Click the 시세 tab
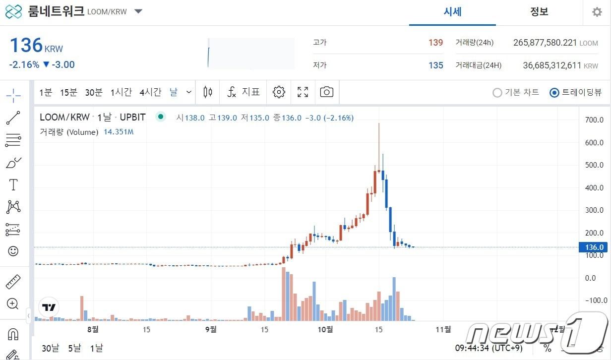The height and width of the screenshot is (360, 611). pyautogui.click(x=452, y=12)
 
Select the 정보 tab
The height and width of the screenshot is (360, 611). pyautogui.click(x=539, y=12)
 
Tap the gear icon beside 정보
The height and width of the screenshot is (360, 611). pyautogui.click(x=597, y=12)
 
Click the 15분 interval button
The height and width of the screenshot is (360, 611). pyautogui.click(x=68, y=92)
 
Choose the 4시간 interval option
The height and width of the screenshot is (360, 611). pyautogui.click(x=150, y=92)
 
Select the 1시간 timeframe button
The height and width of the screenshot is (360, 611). pyautogui.click(x=121, y=92)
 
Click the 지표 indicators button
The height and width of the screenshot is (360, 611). pyautogui.click(x=244, y=92)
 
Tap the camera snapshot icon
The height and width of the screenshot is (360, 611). pyautogui.click(x=326, y=92)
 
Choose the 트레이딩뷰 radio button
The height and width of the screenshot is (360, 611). pyautogui.click(x=554, y=93)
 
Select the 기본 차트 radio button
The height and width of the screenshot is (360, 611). pyautogui.click(x=497, y=93)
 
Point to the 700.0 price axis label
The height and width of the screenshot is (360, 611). pyautogui.click(x=594, y=120)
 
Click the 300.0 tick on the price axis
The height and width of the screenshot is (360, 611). pyautogui.click(x=594, y=210)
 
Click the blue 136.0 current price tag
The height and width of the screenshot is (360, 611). pyautogui.click(x=594, y=247)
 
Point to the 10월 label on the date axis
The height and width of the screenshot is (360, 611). pyautogui.click(x=325, y=330)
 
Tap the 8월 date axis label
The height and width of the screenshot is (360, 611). pyautogui.click(x=93, y=330)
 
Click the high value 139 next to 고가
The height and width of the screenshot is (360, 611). pyautogui.click(x=435, y=43)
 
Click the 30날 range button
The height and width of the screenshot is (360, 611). pyautogui.click(x=50, y=348)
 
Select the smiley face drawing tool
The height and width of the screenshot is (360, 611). pyautogui.click(x=13, y=251)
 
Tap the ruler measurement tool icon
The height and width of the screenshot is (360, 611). pyautogui.click(x=13, y=282)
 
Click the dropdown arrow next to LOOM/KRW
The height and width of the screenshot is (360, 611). pyautogui.click(x=138, y=11)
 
